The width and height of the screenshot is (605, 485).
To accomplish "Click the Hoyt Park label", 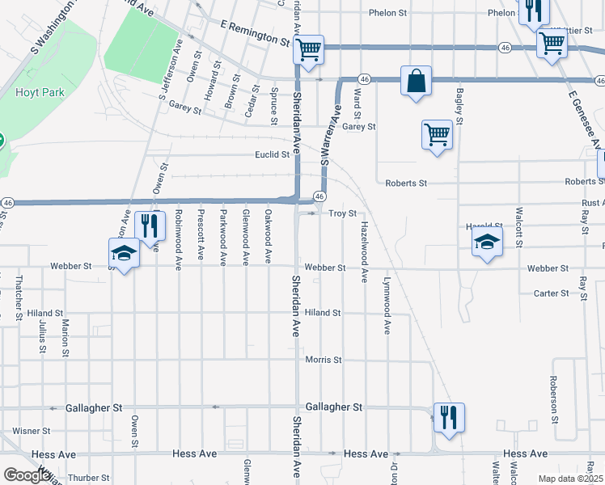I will [33, 92].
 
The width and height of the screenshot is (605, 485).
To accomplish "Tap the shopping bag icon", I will [416, 82].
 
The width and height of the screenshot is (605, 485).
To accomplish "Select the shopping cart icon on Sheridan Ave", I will [309, 49].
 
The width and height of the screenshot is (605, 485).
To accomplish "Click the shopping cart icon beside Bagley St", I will [437, 134].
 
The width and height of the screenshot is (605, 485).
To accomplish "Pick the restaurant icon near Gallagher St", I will [448, 417].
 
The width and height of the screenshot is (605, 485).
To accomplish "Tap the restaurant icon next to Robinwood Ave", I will [150, 226].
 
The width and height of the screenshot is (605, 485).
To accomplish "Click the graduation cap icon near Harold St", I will [487, 241].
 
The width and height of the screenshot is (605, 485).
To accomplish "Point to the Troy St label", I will [342, 213].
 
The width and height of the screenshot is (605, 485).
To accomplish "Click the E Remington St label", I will [256, 33].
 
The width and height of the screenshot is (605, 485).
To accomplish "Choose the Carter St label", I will [552, 293].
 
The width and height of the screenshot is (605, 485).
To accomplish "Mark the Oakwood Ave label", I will [268, 238].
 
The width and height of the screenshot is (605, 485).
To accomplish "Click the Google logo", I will [27, 475].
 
